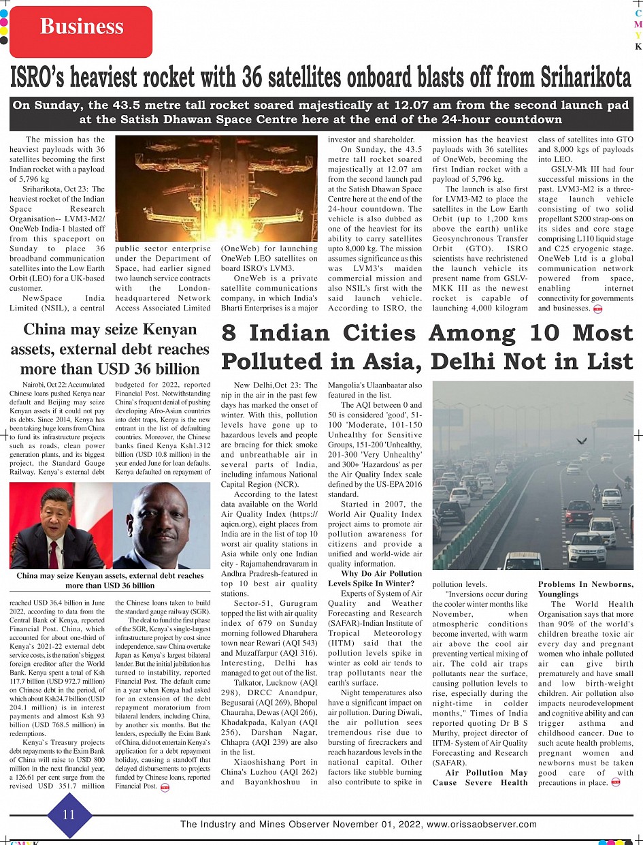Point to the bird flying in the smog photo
click(582, 441)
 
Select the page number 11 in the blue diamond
click(68, 814)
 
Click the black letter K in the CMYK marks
click(638, 47)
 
